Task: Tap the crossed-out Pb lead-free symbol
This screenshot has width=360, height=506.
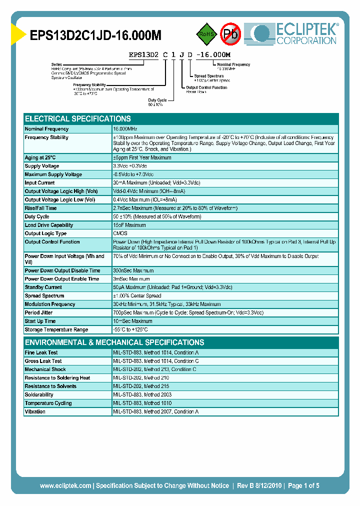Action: [x=231, y=34]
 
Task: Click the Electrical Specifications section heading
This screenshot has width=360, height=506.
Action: [x=78, y=119]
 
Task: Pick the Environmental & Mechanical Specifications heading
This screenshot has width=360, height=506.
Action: [x=114, y=342]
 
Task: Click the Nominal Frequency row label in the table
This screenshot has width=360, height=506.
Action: [x=46, y=129]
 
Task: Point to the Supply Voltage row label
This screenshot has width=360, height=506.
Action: [x=42, y=166]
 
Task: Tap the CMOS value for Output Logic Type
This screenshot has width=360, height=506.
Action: [x=120, y=233]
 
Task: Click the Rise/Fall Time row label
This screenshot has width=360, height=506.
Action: [x=40, y=208]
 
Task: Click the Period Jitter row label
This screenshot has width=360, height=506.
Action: [x=39, y=312]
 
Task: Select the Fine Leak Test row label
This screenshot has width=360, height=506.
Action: [x=41, y=352]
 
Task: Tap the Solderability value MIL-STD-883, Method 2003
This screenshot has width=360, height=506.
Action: [x=142, y=394]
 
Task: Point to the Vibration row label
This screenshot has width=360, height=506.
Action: [x=35, y=411]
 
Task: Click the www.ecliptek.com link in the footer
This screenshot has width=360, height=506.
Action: [x=65, y=485]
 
